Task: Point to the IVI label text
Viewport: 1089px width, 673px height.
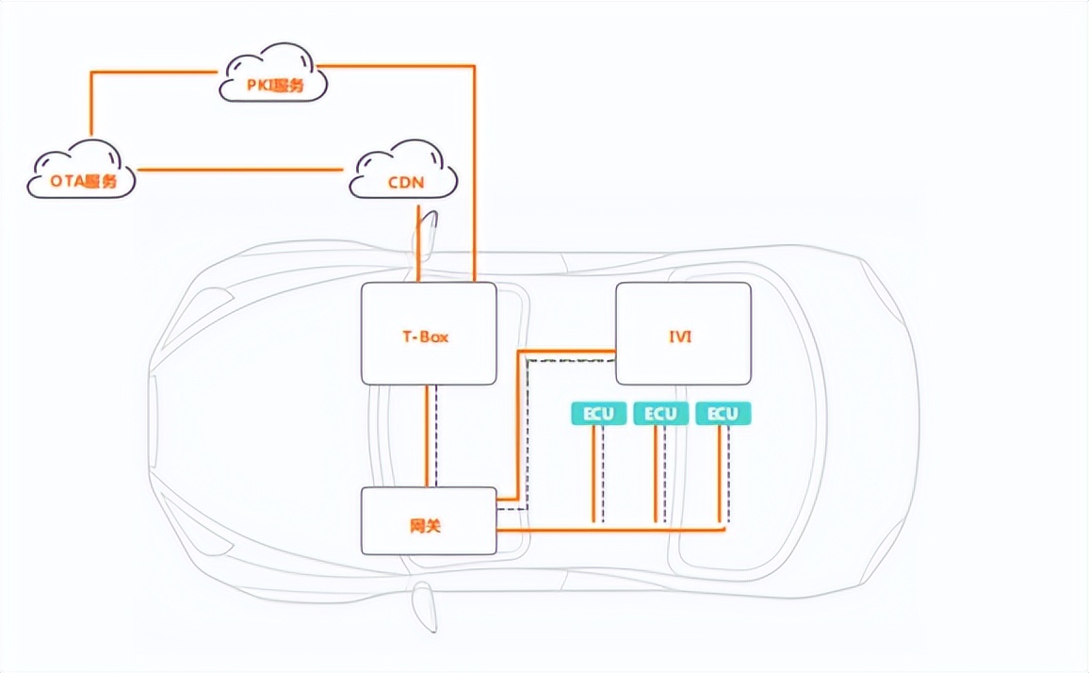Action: coord(680,336)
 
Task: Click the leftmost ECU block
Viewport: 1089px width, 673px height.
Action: coord(597,414)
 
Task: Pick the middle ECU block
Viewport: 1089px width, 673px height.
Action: coord(659,414)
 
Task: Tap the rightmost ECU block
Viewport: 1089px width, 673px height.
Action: coord(723,414)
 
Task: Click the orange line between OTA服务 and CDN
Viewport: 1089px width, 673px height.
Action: coord(240,170)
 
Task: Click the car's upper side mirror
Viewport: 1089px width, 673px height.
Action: coord(428,232)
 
